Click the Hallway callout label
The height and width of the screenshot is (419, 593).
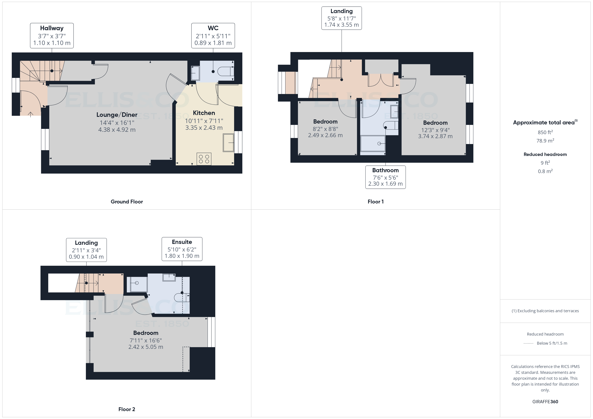[x=52, y=36]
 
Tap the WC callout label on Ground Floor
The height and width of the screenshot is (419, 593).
[x=213, y=36]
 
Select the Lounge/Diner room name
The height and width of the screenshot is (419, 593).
[x=117, y=115]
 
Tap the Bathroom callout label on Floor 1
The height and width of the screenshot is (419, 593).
[x=385, y=177]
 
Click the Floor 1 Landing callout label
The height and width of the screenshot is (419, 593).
[x=341, y=18]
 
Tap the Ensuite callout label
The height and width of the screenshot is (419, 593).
[x=182, y=249]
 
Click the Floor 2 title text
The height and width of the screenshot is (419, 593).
[x=127, y=409]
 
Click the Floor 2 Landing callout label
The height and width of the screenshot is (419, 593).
[x=86, y=250]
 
